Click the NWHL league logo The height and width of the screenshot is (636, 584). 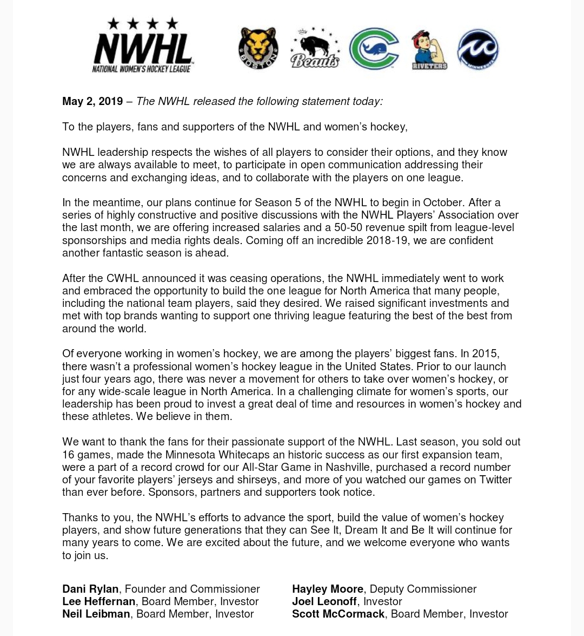tap(143, 45)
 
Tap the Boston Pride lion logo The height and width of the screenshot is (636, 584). tap(258, 49)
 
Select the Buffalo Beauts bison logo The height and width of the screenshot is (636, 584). tap(315, 48)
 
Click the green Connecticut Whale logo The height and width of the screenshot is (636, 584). tap(374, 49)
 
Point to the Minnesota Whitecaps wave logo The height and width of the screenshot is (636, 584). tap(478, 49)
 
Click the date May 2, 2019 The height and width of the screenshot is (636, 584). tap(92, 101)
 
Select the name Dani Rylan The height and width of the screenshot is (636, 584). tap(90, 589)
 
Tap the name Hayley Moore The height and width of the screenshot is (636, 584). tap(328, 589)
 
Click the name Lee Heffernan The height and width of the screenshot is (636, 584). tap(99, 601)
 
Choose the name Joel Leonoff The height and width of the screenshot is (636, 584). tap(324, 601)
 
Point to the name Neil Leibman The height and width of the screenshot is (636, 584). tap(96, 614)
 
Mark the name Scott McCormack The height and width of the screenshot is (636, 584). tap(339, 614)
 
